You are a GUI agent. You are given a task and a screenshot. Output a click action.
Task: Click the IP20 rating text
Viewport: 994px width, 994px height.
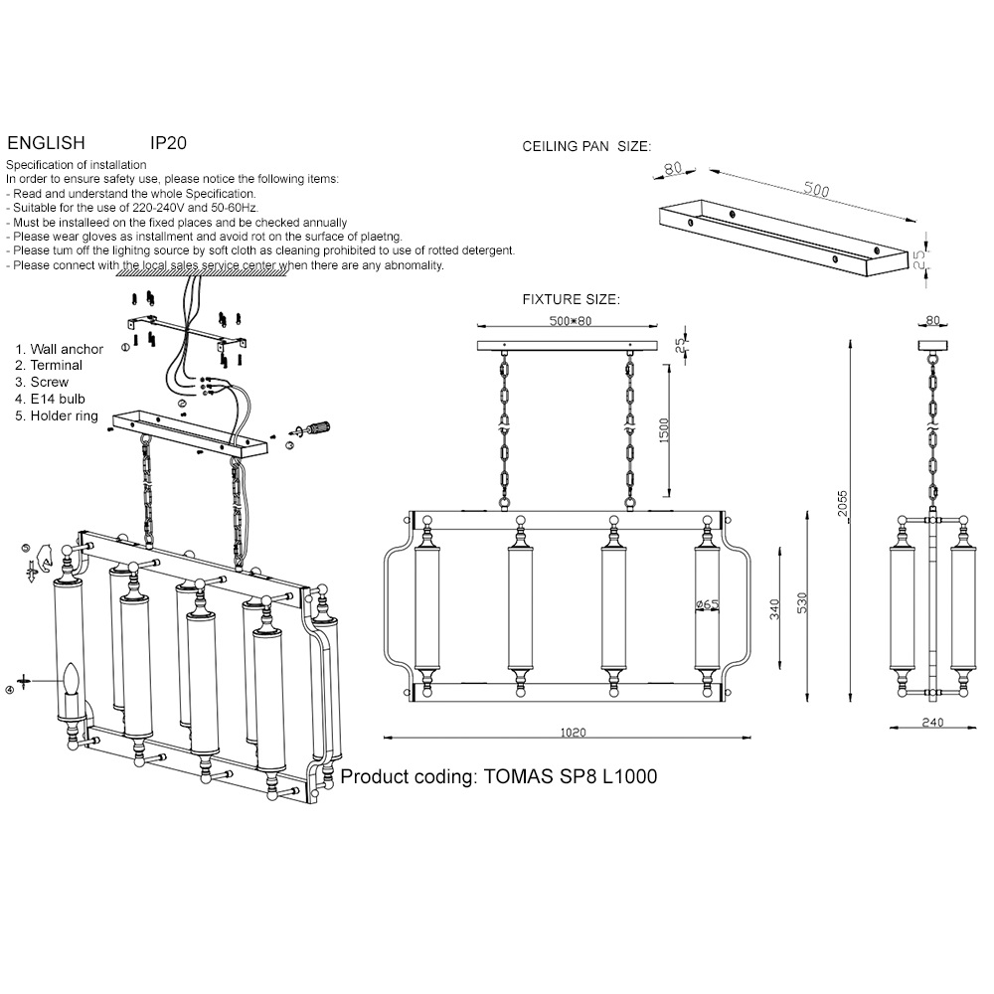coord(168,142)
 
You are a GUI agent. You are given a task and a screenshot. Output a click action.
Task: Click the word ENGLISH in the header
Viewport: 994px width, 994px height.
coord(46,142)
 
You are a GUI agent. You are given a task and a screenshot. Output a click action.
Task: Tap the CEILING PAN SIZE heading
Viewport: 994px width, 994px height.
coord(586,146)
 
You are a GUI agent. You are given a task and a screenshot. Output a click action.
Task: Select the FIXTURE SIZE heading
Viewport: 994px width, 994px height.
coord(572,299)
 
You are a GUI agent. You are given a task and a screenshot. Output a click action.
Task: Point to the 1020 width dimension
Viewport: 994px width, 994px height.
coord(574,733)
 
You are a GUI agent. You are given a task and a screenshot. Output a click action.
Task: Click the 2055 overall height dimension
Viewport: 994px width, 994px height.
coord(842,503)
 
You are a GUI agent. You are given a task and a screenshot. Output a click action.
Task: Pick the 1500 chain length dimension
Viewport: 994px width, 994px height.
coord(664,430)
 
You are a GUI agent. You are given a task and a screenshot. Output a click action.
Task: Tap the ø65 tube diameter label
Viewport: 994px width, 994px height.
coord(707,604)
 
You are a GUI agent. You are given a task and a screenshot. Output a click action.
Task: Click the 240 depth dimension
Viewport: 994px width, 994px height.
coord(932,722)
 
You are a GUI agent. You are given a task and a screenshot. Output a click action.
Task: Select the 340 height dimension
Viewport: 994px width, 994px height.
coord(774,609)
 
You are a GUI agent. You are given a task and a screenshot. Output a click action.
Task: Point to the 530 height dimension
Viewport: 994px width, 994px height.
coord(802,602)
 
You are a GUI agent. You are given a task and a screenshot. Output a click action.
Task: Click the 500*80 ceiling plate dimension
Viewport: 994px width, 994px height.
coord(570,321)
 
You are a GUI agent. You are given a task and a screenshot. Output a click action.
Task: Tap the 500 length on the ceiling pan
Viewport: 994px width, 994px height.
coord(816,189)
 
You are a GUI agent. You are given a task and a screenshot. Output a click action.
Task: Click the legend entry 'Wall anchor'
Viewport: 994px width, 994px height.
coord(59,349)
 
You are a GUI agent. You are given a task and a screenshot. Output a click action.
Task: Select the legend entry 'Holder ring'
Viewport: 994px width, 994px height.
coord(57,415)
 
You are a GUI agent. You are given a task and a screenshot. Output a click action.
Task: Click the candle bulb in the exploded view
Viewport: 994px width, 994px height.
coord(72,679)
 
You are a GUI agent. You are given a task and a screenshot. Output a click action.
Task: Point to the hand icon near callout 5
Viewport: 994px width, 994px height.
coord(43,557)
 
